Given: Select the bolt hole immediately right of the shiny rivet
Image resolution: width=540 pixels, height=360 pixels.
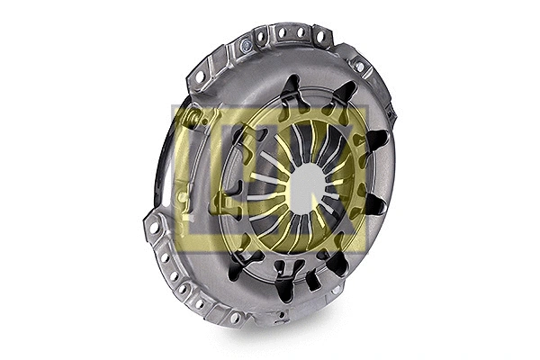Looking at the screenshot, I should [261, 37].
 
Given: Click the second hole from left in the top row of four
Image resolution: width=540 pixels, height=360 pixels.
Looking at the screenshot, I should [280, 33].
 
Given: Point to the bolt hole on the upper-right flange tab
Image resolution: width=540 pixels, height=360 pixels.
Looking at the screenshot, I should [359, 67].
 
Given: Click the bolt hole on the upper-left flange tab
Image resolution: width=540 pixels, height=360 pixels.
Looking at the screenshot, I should [201, 77].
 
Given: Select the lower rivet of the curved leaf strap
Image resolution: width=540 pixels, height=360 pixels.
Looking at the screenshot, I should [183, 195].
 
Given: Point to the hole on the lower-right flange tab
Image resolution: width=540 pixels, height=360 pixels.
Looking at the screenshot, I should [337, 290].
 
